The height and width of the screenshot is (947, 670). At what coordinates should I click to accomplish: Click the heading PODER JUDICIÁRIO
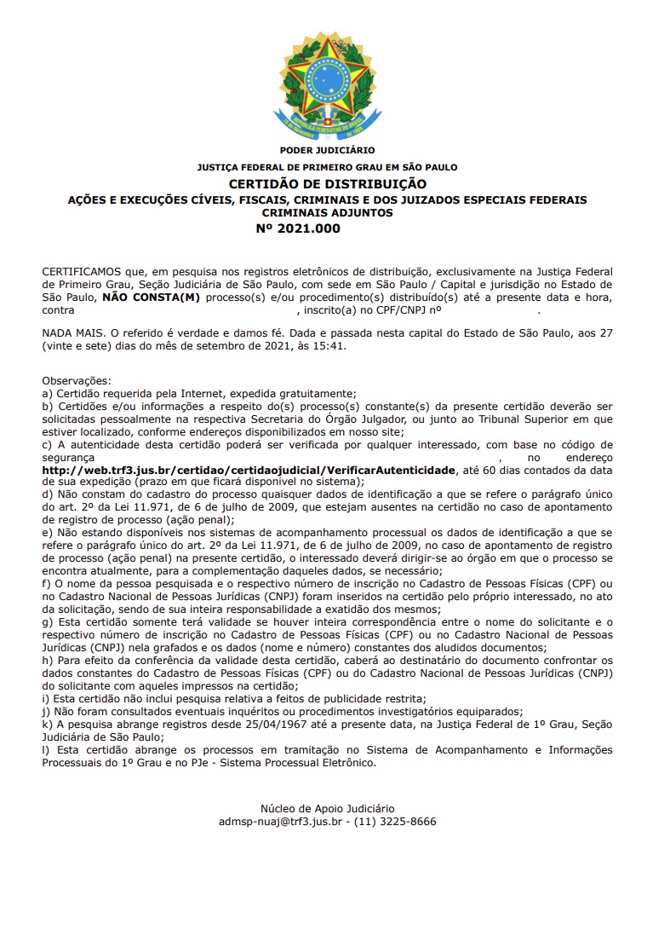(x=327, y=151)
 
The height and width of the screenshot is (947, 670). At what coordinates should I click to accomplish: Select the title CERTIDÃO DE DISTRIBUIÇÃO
(x=327, y=184)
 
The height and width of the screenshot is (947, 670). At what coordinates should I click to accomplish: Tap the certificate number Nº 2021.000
(x=298, y=228)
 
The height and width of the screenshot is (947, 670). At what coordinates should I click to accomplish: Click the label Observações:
(x=77, y=380)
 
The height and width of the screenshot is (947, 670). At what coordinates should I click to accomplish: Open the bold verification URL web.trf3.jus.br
(x=249, y=470)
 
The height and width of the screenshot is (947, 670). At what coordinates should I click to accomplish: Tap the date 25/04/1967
(x=242, y=724)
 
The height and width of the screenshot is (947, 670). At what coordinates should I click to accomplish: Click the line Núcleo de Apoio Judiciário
(x=327, y=808)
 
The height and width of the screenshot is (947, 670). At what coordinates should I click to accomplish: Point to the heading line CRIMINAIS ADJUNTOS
(x=327, y=212)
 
